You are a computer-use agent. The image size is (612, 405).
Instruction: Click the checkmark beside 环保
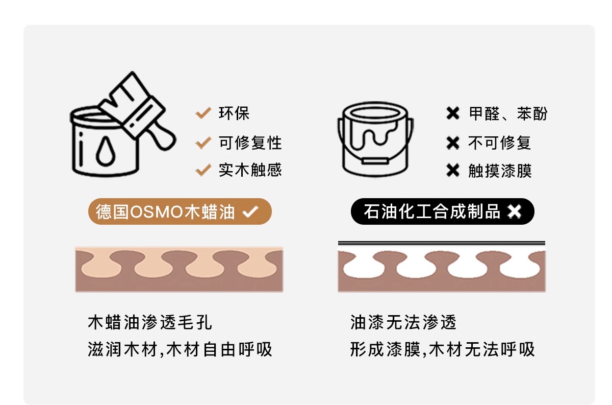coord(203,113)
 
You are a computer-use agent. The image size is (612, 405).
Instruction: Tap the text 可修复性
coord(250,142)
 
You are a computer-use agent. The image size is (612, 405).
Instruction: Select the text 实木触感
coord(250,170)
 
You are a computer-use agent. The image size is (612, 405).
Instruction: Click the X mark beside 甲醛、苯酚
coord(453,113)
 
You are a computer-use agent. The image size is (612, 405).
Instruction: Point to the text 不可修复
coord(500,142)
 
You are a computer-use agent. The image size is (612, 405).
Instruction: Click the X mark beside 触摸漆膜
coord(453,170)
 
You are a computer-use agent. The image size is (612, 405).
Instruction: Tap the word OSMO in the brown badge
coord(157,212)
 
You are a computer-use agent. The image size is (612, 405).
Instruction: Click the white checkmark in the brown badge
coord(250,211)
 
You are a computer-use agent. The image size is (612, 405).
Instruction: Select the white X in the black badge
coord(514,211)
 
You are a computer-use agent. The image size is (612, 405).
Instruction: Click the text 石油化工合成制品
coord(432,211)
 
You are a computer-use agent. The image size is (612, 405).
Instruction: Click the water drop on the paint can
coord(106,151)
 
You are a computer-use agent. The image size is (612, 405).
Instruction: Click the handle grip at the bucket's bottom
coord(375,161)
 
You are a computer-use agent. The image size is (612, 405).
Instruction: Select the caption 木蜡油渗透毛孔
coord(150,322)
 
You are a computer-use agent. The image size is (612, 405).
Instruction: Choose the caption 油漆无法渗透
coord(403,322)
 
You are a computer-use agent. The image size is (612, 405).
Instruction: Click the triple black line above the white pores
coord(442,243)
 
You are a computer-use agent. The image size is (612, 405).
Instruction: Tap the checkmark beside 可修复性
coord(203,142)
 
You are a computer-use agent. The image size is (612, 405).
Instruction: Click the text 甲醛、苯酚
coord(508,113)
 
